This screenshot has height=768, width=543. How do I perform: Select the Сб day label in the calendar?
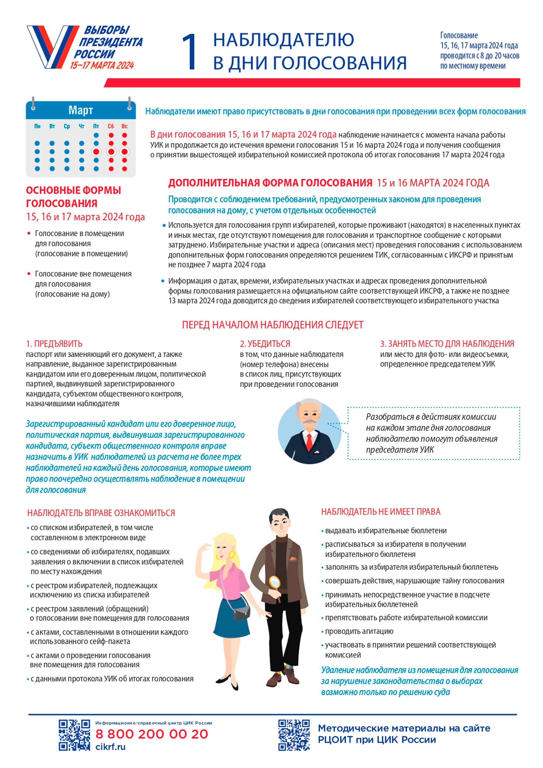111,126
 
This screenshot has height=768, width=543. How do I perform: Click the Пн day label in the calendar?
37,126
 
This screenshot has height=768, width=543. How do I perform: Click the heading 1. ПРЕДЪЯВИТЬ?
54,344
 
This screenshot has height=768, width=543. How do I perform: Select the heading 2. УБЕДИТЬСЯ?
265,344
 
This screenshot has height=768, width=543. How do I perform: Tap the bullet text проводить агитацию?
359,631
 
